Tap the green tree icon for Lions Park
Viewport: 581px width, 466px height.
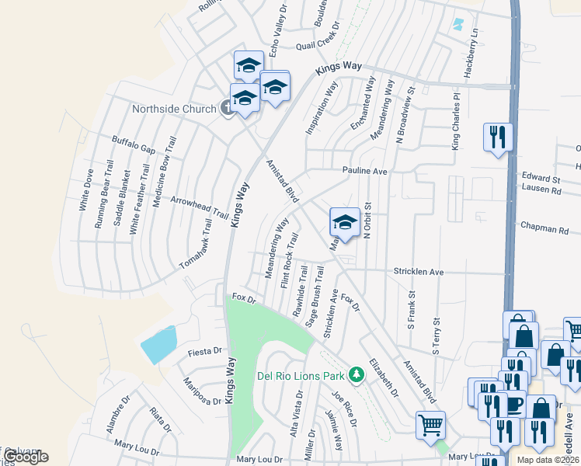[x=357, y=375]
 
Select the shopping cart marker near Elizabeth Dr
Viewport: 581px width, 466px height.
[x=430, y=426]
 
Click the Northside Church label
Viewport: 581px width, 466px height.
[x=173, y=109]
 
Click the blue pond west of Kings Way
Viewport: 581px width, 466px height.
[x=159, y=345]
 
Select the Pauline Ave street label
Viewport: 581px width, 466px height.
[x=365, y=170]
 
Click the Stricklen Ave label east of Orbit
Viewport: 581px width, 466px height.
[x=418, y=273]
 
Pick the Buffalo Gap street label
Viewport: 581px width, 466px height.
[x=134, y=144]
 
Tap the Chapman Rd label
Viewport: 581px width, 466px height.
[x=546, y=230]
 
